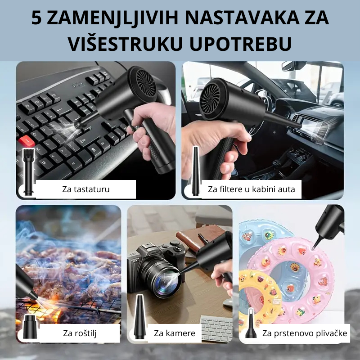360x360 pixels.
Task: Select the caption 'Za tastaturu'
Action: pos(86,189)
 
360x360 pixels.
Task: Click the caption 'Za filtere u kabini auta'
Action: pos(252,189)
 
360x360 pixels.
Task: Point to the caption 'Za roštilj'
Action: pos(80,333)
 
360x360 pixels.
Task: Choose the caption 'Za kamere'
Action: pos(175,333)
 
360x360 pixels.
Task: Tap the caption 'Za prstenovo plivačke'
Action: pos(305,333)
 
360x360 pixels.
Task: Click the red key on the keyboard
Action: pos(27,141)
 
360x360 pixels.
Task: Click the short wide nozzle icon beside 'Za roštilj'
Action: pos(30,327)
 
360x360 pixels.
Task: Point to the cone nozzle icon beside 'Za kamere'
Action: pos(139,317)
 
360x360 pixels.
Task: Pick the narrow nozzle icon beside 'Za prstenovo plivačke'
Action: pos(251,323)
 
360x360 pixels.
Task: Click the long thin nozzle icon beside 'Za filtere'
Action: pos(195,171)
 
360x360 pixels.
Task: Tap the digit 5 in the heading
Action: pos(36,18)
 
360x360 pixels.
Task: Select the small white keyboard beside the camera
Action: pos(217,328)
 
